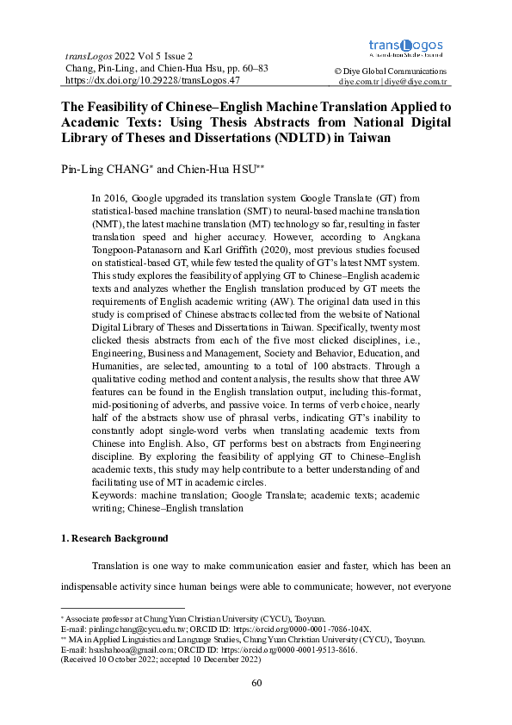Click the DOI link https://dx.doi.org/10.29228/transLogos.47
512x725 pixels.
coord(152,79)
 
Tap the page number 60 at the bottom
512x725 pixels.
coord(256,683)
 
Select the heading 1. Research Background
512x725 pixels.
coord(114,538)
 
